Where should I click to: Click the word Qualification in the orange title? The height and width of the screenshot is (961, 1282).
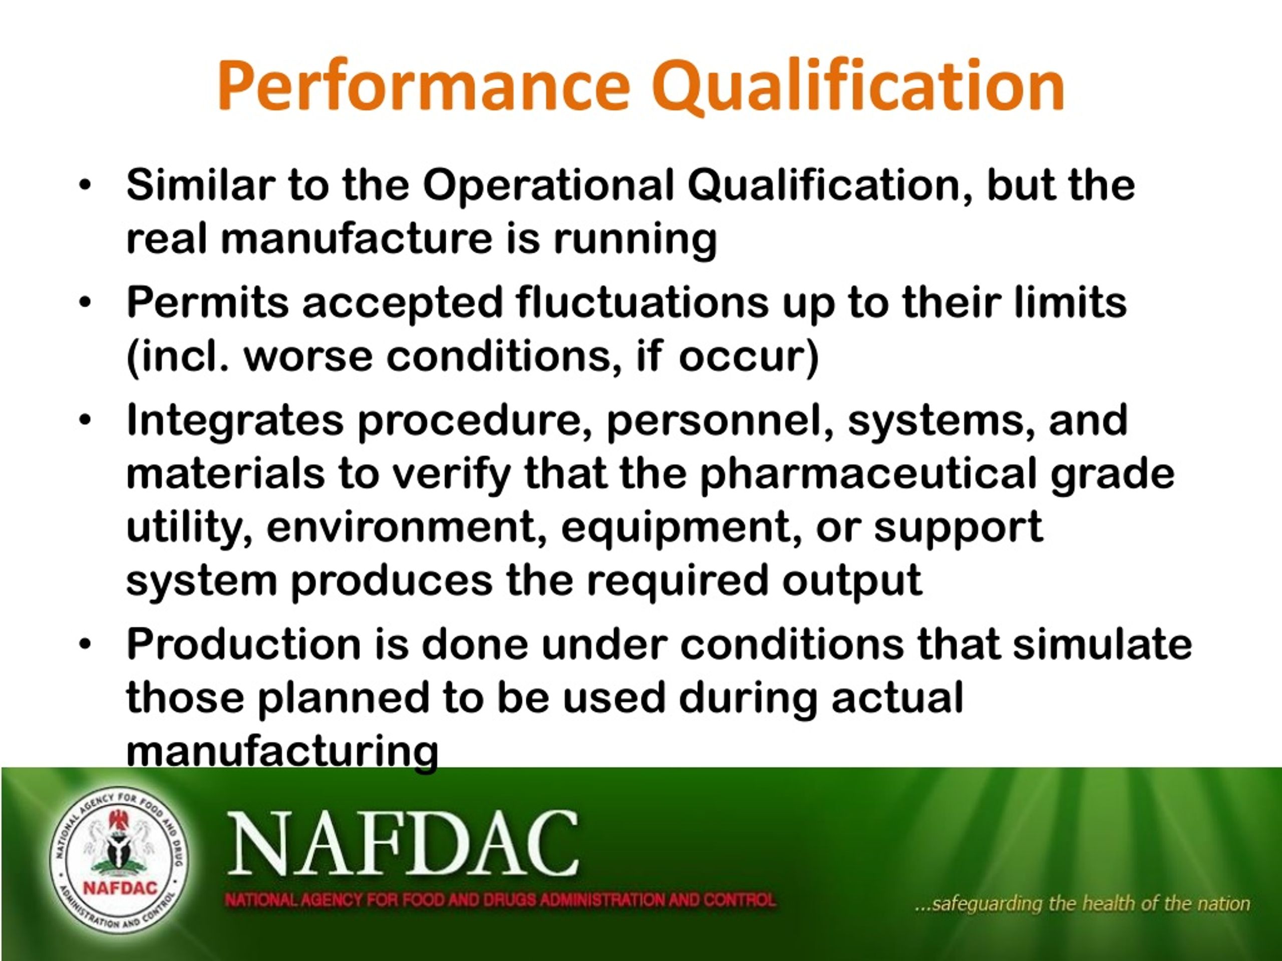click(x=858, y=86)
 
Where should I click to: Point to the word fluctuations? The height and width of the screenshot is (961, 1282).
click(x=642, y=303)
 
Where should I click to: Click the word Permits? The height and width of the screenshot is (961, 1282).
click(x=207, y=303)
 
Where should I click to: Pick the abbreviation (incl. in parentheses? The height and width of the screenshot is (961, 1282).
click(x=177, y=357)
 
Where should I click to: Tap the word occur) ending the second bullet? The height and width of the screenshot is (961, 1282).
click(x=749, y=357)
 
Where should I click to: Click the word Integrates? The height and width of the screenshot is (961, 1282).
click(x=235, y=419)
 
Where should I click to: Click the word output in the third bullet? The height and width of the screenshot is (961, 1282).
click(x=851, y=581)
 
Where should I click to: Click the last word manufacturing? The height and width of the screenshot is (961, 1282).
click(x=282, y=751)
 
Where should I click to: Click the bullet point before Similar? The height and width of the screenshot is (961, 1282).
click(x=85, y=186)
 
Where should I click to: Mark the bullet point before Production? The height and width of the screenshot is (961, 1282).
click(x=85, y=644)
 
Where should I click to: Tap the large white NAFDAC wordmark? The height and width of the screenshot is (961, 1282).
click(x=403, y=844)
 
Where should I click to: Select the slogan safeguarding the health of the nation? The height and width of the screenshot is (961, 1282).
click(x=1082, y=903)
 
